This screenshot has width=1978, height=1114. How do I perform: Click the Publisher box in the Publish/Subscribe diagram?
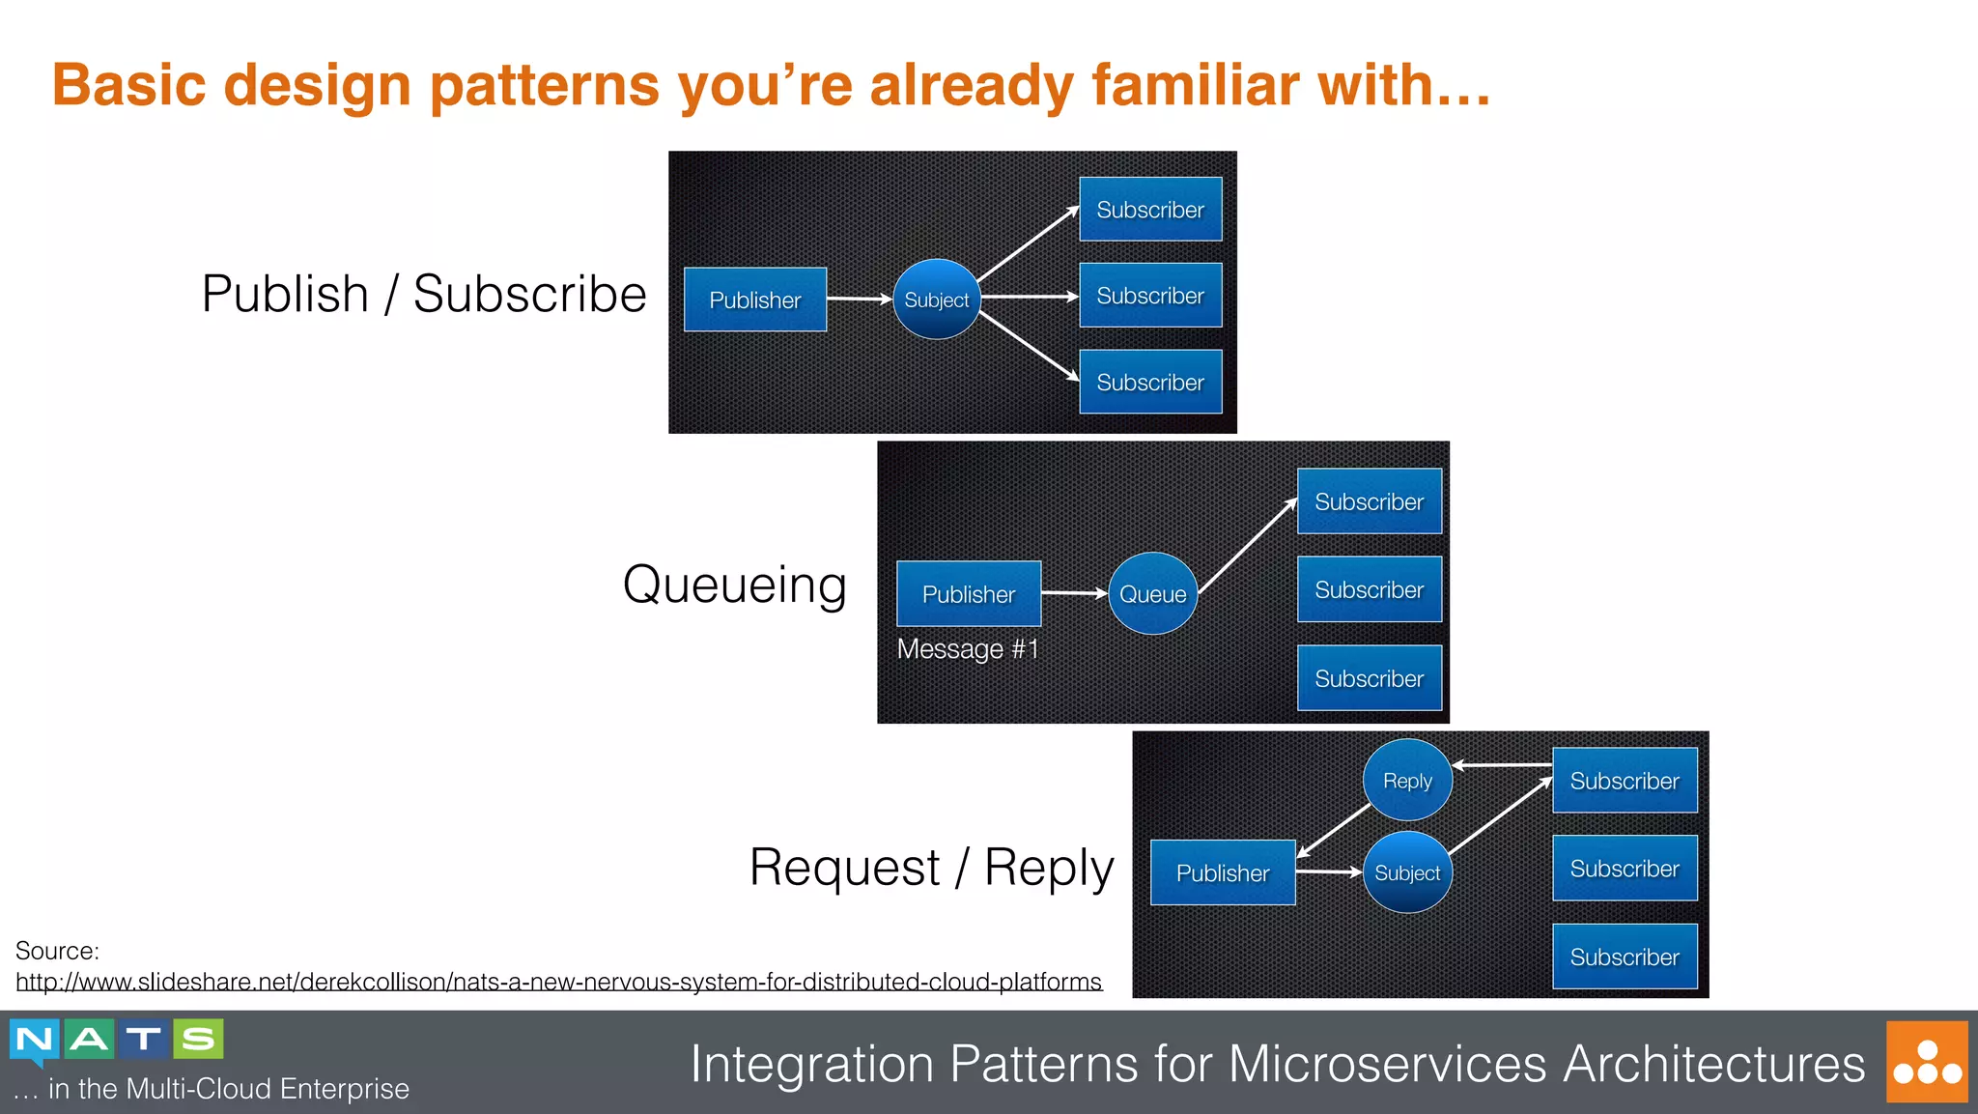click(754, 300)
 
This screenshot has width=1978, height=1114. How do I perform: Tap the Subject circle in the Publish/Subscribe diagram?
click(936, 300)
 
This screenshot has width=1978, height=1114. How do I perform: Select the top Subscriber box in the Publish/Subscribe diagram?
click(1149, 209)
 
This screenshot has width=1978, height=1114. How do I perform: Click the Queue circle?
click(1152, 593)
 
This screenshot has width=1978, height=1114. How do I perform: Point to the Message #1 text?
click(967, 648)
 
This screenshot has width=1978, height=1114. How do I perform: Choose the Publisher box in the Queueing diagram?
click(968, 593)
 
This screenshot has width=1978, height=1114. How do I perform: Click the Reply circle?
click(1406, 780)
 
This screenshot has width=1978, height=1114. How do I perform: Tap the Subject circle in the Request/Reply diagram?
click(1406, 872)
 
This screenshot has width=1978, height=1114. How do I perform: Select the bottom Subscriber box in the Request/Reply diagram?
click(1624, 957)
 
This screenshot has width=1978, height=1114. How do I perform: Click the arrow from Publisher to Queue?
click(1072, 592)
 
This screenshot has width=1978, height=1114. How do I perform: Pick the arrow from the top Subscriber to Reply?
click(1502, 764)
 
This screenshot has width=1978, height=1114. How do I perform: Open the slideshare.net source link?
click(558, 982)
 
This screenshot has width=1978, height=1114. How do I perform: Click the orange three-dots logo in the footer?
click(1926, 1062)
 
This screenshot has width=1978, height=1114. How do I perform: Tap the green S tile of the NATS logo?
click(198, 1039)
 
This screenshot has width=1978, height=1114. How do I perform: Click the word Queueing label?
click(734, 585)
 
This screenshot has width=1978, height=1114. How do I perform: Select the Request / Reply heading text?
click(931, 867)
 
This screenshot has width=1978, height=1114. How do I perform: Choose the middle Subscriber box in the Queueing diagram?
click(1368, 589)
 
